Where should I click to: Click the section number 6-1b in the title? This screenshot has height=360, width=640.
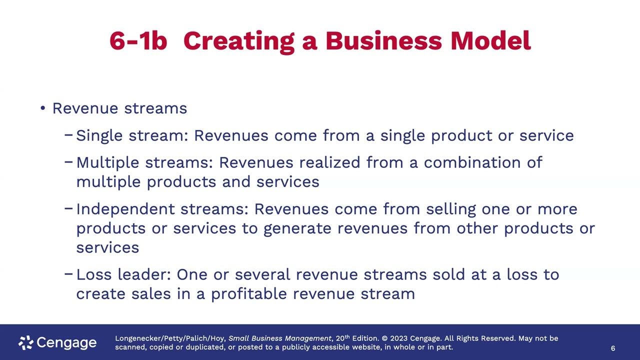(138, 41)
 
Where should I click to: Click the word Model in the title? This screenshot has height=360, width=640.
(490, 41)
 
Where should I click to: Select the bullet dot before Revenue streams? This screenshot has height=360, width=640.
(43, 108)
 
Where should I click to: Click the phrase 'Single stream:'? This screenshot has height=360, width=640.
(132, 135)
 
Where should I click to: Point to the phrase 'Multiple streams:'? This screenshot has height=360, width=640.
(144, 162)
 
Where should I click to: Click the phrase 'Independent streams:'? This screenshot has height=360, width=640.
(162, 209)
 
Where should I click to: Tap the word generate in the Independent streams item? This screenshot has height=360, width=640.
(297, 228)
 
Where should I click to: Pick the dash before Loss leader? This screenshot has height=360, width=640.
(69, 274)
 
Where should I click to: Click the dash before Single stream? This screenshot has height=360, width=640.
(69, 135)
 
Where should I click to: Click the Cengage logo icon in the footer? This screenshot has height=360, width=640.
(25, 342)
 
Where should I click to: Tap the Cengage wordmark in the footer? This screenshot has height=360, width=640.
(66, 343)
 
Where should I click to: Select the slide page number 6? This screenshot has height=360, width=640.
(613, 348)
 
